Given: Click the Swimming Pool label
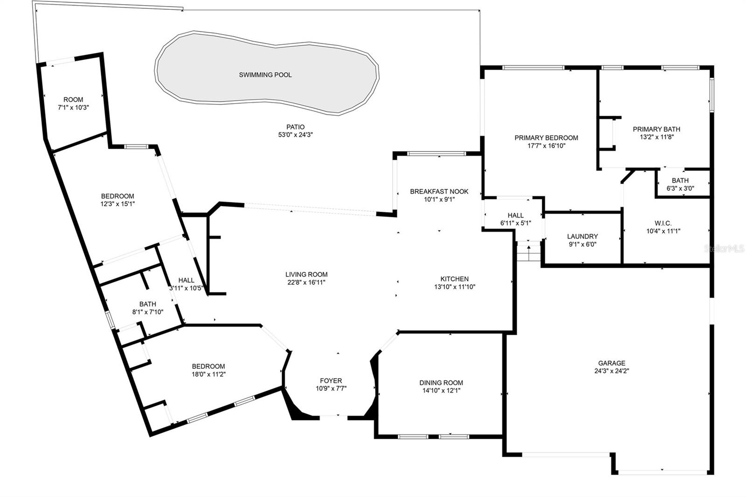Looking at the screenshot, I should point(265,75).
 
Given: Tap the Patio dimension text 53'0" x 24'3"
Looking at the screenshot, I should point(295,135).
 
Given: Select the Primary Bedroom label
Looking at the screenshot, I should point(546,138).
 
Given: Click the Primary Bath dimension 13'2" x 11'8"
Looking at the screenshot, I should point(656,137).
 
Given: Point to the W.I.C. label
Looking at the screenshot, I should point(663,223).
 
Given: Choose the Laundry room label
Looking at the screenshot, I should point(582,236).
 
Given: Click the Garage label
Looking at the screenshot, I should point(612,363).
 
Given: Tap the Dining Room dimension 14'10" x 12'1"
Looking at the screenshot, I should point(441,391).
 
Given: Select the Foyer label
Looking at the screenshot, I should point(331,380).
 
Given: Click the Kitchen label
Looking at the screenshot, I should point(454,279).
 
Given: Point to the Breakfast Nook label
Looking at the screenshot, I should point(439,191).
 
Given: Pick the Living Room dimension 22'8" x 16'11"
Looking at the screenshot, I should point(306,283).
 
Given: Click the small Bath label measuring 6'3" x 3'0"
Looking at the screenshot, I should point(680,180).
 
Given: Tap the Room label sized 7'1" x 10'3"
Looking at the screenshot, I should point(73,99).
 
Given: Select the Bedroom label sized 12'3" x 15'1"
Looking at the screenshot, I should point(117,196).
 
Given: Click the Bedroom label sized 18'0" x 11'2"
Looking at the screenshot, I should point(208,366).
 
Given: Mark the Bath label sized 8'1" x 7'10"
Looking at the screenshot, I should point(147,304).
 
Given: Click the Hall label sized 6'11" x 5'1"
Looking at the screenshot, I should point(515,215).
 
